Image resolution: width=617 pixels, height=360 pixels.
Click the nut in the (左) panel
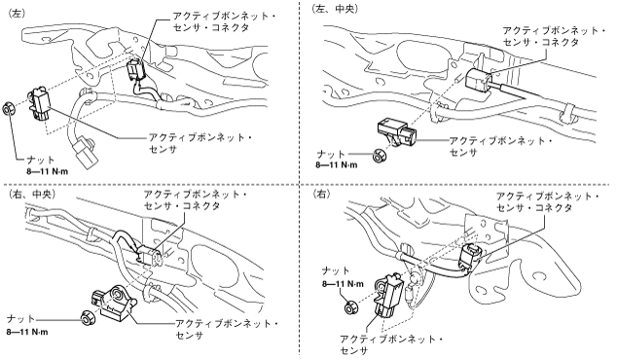(x=9, y=109)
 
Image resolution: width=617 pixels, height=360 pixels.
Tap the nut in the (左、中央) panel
(x=379, y=155)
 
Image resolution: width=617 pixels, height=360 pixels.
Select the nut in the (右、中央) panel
(x=87, y=317)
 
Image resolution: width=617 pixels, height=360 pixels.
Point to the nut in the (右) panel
(x=349, y=307)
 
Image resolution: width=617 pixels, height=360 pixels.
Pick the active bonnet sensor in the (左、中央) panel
(x=397, y=132)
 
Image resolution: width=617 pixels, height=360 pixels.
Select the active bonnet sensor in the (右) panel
(x=388, y=295)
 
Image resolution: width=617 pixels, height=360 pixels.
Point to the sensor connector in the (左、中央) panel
(x=478, y=80)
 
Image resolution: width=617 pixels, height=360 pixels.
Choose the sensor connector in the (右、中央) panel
(x=150, y=254)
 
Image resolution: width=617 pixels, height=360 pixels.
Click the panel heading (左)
(x=17, y=13)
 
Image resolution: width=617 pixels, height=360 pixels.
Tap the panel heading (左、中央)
(x=335, y=10)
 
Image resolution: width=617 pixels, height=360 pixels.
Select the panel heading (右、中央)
(x=31, y=195)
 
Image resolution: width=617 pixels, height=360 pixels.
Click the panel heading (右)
(x=321, y=194)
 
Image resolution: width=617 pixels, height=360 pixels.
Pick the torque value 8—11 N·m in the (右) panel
(x=343, y=284)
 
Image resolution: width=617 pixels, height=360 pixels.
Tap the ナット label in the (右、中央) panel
(x=21, y=318)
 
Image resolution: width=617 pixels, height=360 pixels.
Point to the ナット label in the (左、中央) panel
(x=331, y=154)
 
